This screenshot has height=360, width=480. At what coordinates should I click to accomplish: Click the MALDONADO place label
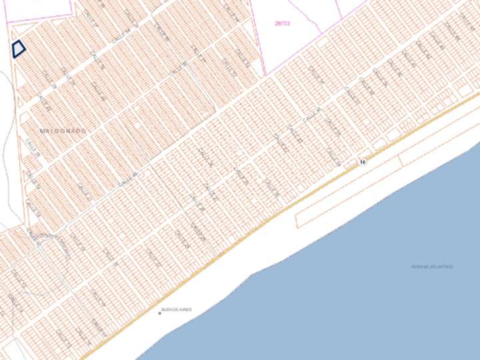pyautogui.click(x=63, y=132)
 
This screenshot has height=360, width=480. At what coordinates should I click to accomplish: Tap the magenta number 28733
pyautogui.click(x=283, y=23)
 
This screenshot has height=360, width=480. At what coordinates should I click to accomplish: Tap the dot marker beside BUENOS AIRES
pyautogui.click(x=159, y=311)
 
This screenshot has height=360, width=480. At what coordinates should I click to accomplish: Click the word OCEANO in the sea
pyautogui.click(x=421, y=267)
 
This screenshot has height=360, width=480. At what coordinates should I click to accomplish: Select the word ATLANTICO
pyautogui.click(x=442, y=267)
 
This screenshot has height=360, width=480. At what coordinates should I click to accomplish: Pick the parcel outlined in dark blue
pyautogui.click(x=18, y=49)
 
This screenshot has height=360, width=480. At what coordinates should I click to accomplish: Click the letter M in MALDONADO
pyautogui.click(x=43, y=132)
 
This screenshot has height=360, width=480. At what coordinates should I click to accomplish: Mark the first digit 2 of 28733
pyautogui.click(x=276, y=23)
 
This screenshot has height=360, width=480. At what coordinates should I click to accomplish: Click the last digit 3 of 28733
pyautogui.click(x=289, y=23)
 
